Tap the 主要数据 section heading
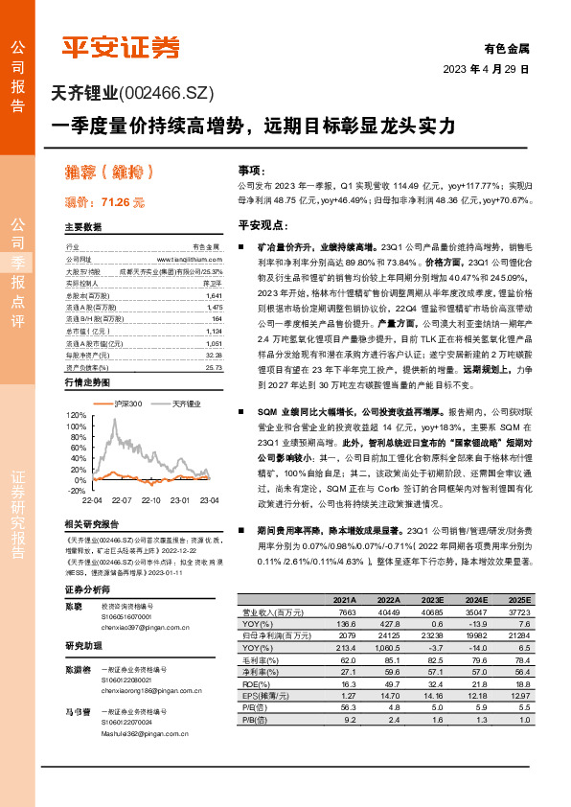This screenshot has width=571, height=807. point(82,227)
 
